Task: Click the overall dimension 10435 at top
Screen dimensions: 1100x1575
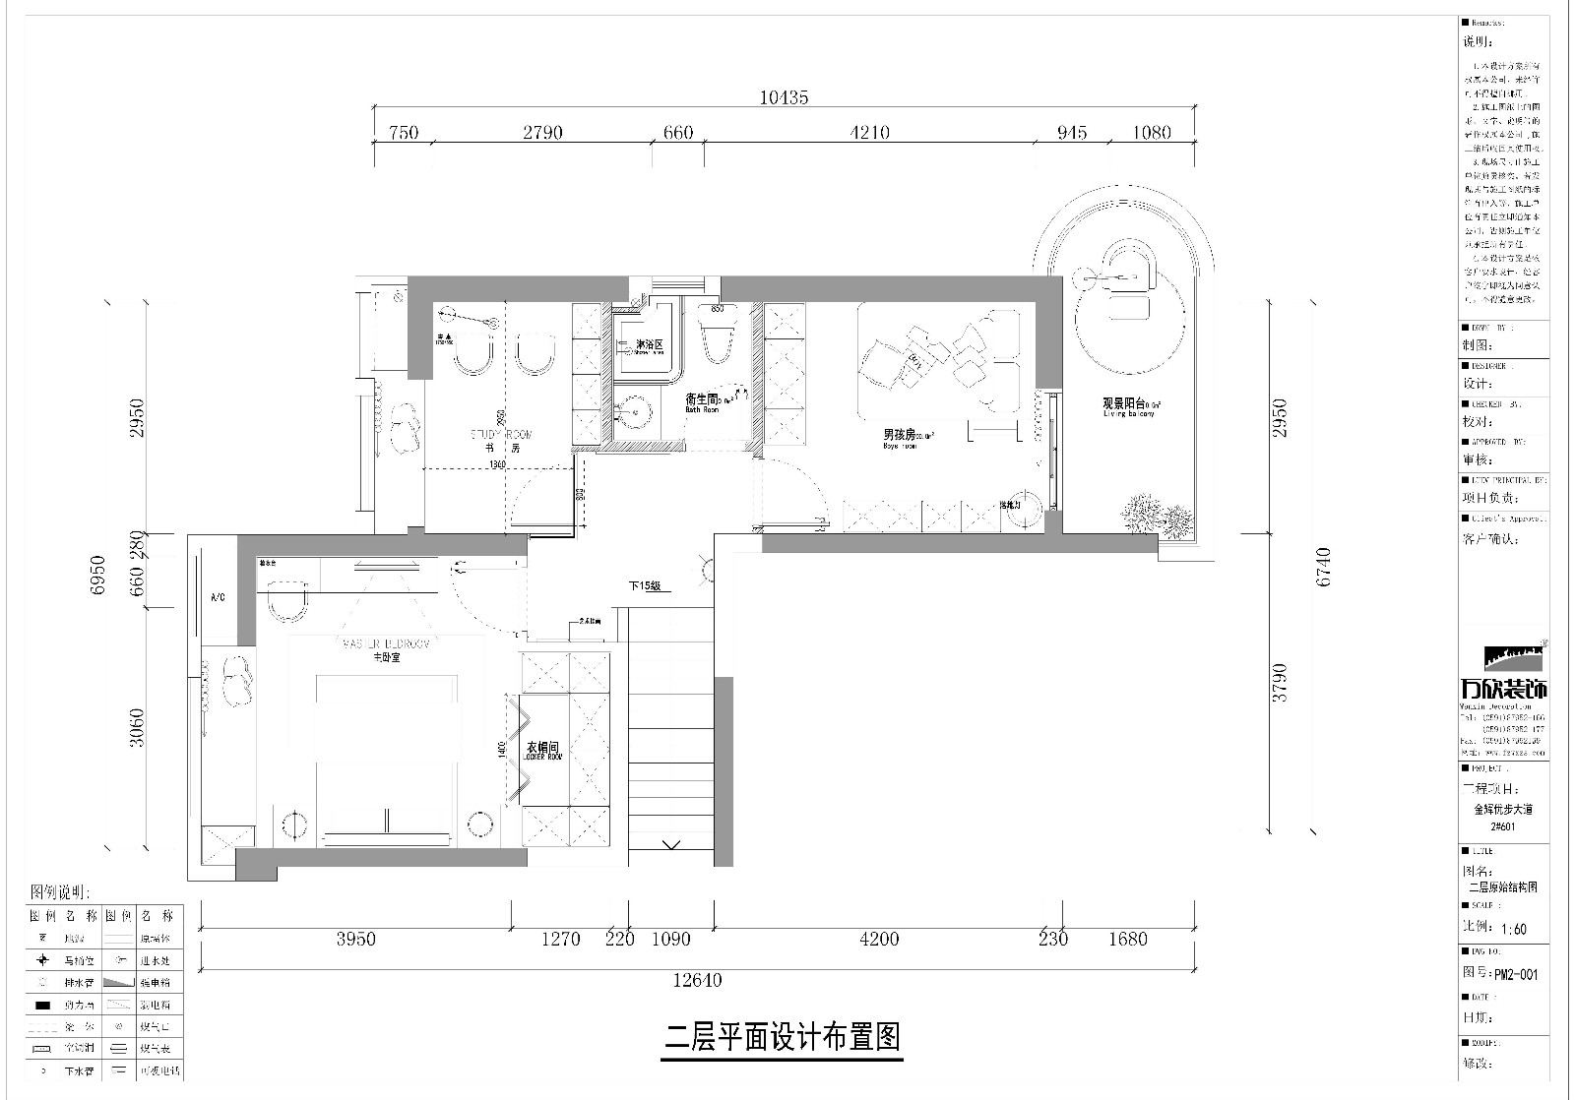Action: [784, 97]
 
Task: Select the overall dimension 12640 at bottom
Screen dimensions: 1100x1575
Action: [697, 980]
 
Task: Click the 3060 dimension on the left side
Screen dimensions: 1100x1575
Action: [137, 727]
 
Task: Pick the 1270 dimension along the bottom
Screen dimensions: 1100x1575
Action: [560, 940]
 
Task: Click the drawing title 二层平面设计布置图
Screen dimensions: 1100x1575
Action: [783, 1037]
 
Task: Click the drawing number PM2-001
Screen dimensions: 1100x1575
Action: [1516, 975]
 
